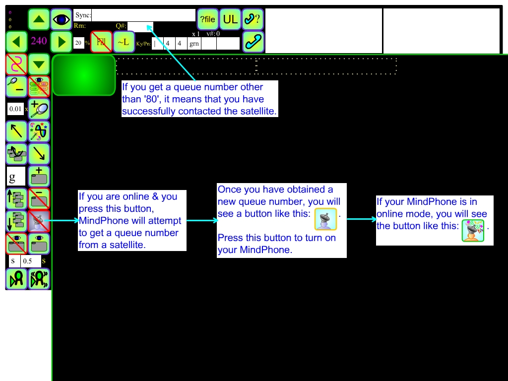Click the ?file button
(207, 19)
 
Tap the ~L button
(124, 42)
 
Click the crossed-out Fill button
(101, 42)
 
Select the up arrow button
(39, 19)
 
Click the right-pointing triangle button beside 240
(62, 42)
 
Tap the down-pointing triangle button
(39, 64)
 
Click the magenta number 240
(39, 41)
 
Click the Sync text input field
(143, 15)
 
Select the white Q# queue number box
(141, 27)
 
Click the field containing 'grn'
(194, 44)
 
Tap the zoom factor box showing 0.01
(15, 109)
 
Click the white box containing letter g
(15, 177)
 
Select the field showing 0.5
(30, 261)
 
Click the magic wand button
(39, 131)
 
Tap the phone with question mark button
(253, 19)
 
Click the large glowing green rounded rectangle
(84, 75)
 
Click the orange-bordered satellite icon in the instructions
(325, 219)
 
